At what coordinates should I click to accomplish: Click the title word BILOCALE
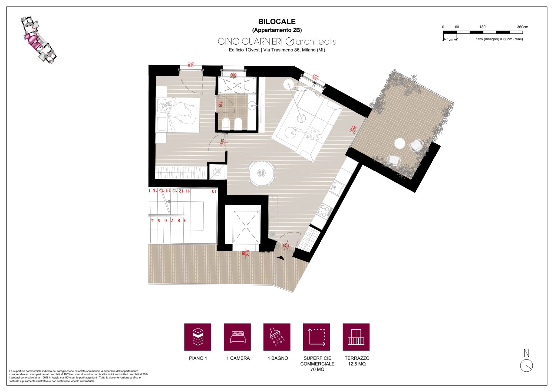pos(277,22)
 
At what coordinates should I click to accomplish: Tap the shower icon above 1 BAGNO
pos(277,337)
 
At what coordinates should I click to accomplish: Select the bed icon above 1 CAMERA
pos(237,337)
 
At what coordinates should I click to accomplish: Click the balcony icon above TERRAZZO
pos(356,337)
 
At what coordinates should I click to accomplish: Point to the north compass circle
pos(526,365)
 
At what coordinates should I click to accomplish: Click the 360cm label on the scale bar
pos(522,27)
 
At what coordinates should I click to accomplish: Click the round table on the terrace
pos(400,143)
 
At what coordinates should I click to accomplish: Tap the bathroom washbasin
pos(252,105)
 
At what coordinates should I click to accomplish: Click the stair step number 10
pos(214,191)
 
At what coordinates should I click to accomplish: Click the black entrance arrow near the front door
pos(281,258)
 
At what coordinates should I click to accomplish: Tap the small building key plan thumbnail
pos(38,40)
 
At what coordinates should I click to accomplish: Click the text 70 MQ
pos(317,369)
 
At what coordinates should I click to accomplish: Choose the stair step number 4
pos(152,220)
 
